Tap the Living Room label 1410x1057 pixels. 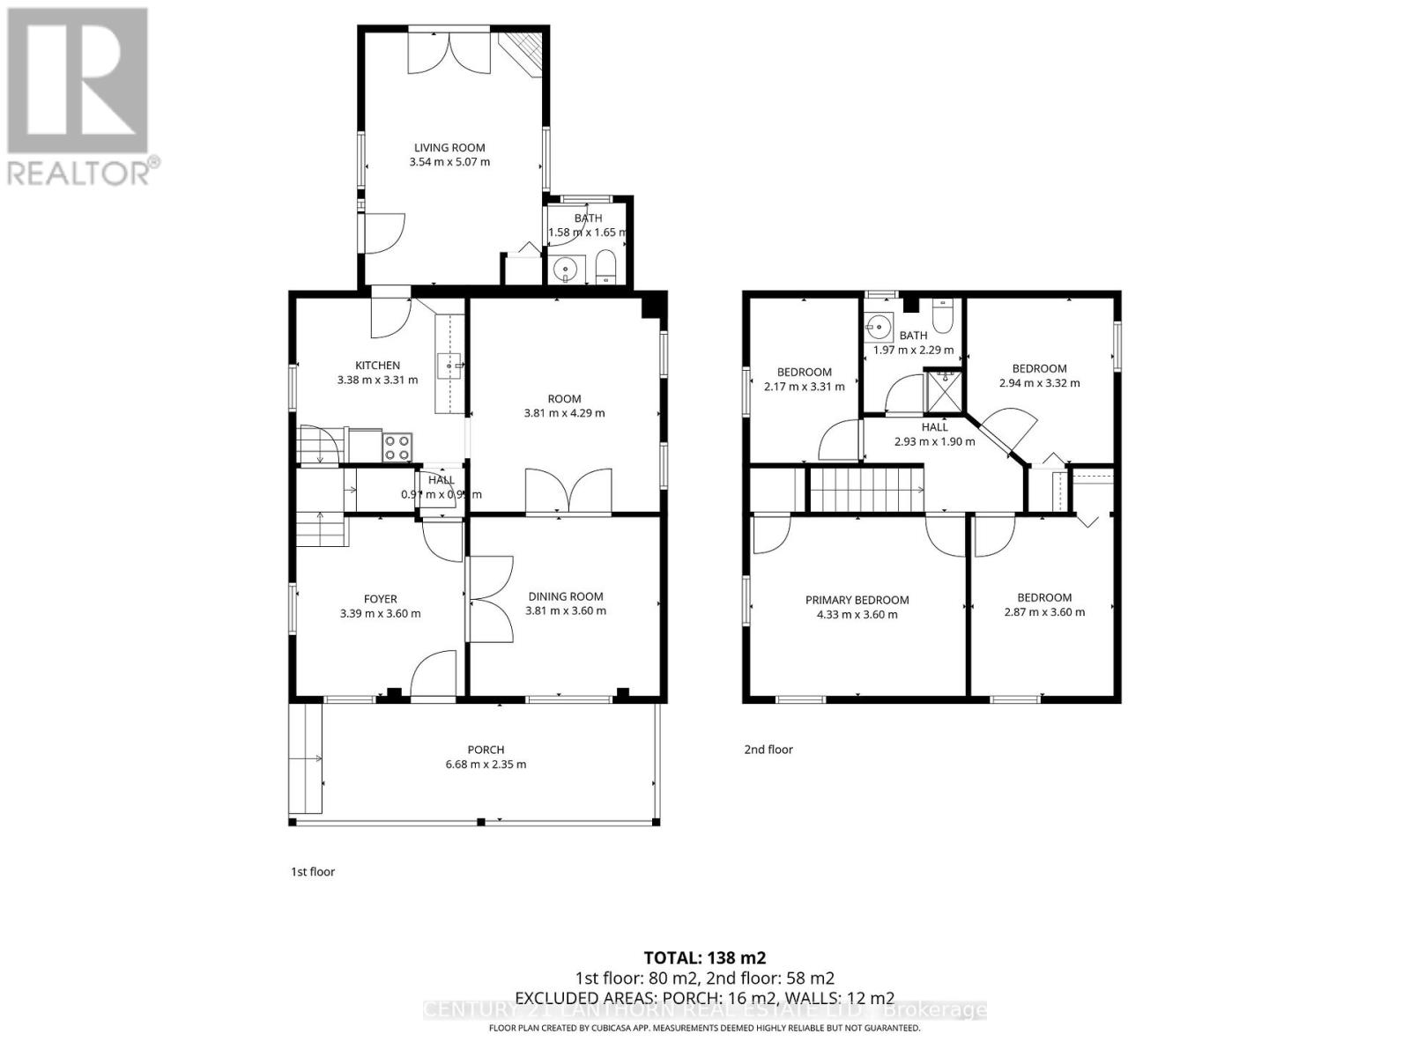click(x=449, y=148)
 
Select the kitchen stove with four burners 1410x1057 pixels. click(x=397, y=447)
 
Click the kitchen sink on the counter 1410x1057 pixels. click(x=450, y=364)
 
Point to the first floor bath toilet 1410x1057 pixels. click(x=606, y=267)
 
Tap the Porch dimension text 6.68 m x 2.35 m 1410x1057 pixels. click(x=486, y=765)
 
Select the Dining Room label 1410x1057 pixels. click(x=566, y=596)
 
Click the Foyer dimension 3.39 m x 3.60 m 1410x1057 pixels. click(x=380, y=613)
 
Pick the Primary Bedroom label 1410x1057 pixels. click(x=857, y=600)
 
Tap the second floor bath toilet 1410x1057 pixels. click(x=942, y=317)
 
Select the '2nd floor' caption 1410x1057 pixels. click(x=768, y=750)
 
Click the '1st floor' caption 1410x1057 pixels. click(x=313, y=872)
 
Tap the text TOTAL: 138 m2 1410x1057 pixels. click(x=704, y=957)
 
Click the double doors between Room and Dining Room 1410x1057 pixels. click(x=568, y=492)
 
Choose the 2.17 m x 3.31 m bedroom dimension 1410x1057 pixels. click(x=804, y=387)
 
